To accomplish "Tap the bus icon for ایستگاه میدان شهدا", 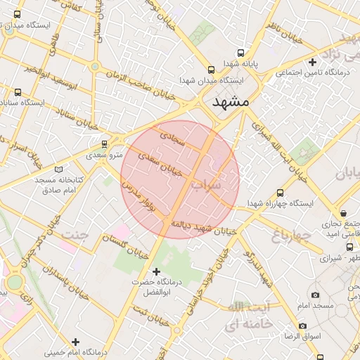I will pyautogui.click(x=212, y=70).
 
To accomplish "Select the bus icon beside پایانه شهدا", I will pyautogui.click(x=241, y=53).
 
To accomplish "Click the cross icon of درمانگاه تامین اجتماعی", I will pyautogui.click(x=313, y=63).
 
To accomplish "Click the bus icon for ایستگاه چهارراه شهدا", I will pyautogui.click(x=281, y=192).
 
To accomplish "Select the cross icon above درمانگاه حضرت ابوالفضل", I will pyautogui.click(x=156, y=271).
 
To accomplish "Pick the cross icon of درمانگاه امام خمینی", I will pyautogui.click(x=76, y=342).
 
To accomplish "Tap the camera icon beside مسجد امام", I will pyautogui.click(x=315, y=295).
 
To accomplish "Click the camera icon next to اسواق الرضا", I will pyautogui.click(x=303, y=326).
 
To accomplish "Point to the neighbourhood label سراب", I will pyautogui.click(x=225, y=184).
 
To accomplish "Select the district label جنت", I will pyautogui.click(x=75, y=235).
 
